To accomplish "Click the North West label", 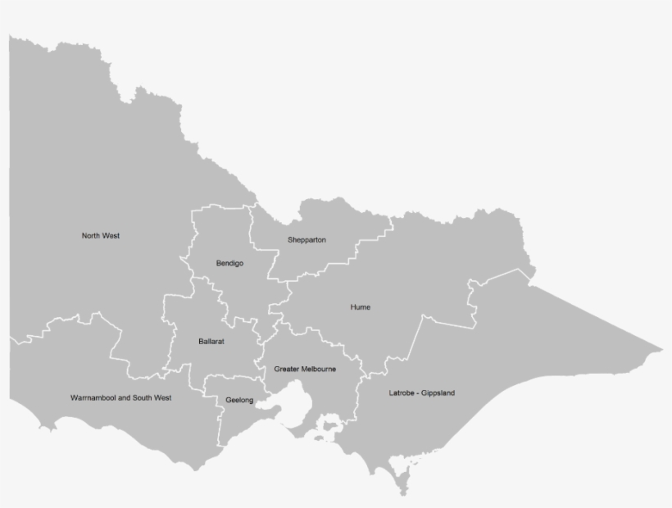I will (101, 236).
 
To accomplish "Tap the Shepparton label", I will (306, 240).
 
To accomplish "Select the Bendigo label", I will (229, 263).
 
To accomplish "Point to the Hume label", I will (360, 307).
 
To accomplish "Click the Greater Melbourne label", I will (305, 370).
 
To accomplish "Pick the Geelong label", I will (239, 401).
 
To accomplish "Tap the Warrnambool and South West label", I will (120, 397).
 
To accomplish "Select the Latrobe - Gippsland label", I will (421, 393).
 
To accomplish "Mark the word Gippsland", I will (438, 393).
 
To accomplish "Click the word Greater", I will (286, 370).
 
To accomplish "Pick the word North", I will (91, 236).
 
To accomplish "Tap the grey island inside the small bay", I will (331, 425).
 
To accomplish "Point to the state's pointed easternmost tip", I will (660, 350).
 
